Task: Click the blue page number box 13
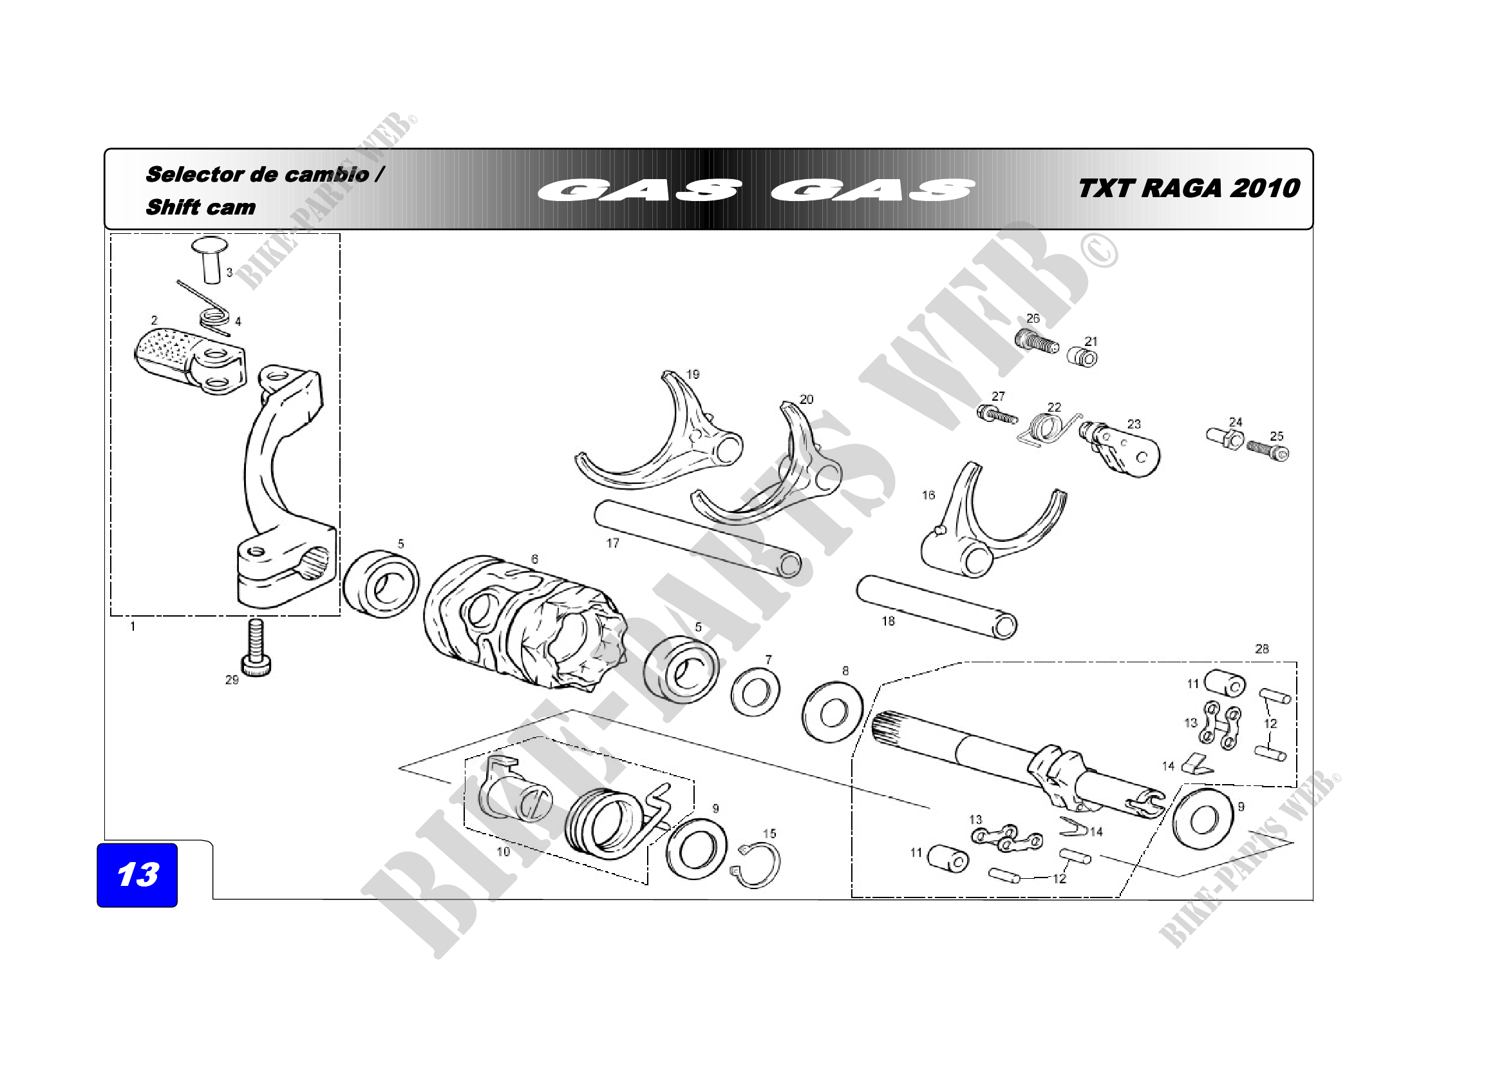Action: pos(137,875)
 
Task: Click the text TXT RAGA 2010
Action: pos(1189,188)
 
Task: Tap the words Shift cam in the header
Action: pos(201,207)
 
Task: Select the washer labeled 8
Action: pos(833,712)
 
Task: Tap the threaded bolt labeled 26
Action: pos(1037,342)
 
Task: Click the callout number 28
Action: pos(1261,649)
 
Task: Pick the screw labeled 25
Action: pos(1267,450)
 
